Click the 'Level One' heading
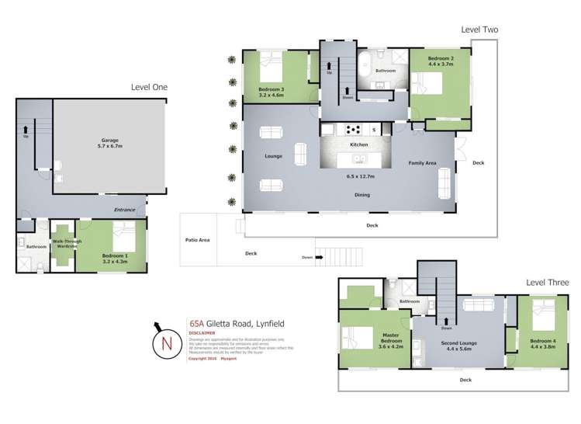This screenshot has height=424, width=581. pyautogui.click(x=148, y=87)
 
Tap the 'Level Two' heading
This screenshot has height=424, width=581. pyautogui.click(x=479, y=30)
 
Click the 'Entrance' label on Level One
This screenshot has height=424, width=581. pyautogui.click(x=124, y=210)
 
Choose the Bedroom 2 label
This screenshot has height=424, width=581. pyautogui.click(x=441, y=61)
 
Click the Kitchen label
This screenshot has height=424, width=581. pyautogui.click(x=358, y=145)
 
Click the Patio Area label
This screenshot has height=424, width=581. pyautogui.click(x=199, y=240)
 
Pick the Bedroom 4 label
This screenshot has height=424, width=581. pyautogui.click(x=542, y=342)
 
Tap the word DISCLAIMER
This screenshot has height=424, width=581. pyautogui.click(x=202, y=332)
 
